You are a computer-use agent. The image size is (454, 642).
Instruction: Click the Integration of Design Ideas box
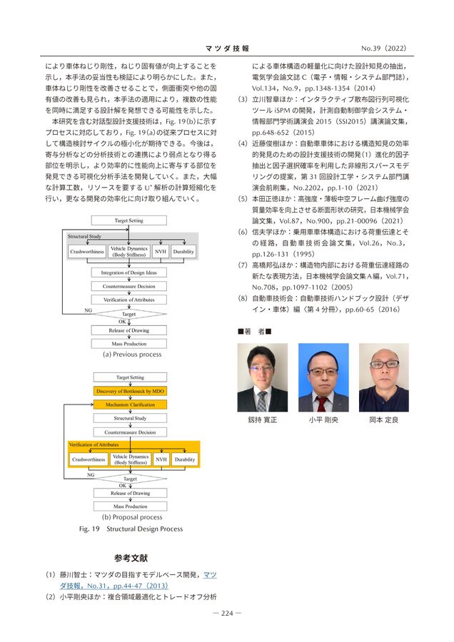pyautogui.click(x=129, y=272)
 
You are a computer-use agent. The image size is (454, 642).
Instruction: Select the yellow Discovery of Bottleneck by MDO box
pyautogui.click(x=129, y=391)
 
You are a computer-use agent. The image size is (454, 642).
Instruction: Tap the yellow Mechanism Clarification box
pyautogui.click(x=129, y=404)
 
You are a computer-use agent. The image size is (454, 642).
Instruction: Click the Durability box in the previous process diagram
pyautogui.click(x=183, y=251)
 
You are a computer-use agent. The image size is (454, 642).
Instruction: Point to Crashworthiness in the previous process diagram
pyautogui.click(x=87, y=251)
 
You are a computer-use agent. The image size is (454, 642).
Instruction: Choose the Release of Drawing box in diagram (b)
pyautogui.click(x=129, y=493)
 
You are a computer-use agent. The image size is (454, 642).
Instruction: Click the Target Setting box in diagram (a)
pyautogui.click(x=129, y=220)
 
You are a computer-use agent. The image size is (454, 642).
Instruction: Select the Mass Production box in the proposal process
pyautogui.click(x=129, y=506)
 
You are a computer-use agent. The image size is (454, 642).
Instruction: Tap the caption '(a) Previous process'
pyautogui.click(x=132, y=355)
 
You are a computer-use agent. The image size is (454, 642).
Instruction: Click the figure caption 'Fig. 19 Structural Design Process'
pyautogui.click(x=131, y=529)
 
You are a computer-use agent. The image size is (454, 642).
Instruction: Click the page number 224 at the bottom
pyautogui.click(x=227, y=612)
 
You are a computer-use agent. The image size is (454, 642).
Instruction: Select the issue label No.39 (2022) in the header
pyautogui.click(x=383, y=49)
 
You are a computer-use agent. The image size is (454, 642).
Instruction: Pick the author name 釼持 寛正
pyautogui.click(x=263, y=420)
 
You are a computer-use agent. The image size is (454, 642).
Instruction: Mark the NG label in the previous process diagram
pyautogui.click(x=88, y=311)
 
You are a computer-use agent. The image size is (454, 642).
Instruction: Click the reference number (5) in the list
pyautogui.click(x=243, y=199)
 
